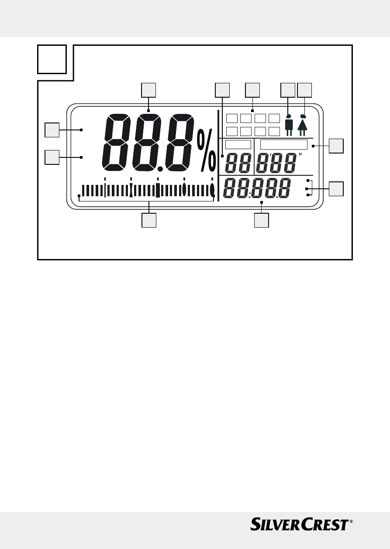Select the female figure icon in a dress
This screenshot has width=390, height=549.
tap(303, 125)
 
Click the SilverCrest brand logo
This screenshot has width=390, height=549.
tap(299, 524)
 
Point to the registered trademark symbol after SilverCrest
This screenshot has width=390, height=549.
tap(351, 521)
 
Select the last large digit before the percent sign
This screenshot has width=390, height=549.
tap(183, 142)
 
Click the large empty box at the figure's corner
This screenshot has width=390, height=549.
tap(52, 59)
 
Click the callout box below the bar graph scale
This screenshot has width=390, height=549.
tap(149, 220)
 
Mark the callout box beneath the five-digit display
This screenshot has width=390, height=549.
tap(262, 220)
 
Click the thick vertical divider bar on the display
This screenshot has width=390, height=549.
tap(218, 155)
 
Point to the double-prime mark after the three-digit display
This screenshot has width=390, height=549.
tap(301, 155)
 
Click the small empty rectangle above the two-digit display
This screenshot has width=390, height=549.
tap(238, 145)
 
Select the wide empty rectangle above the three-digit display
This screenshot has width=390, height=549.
tap(284, 145)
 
